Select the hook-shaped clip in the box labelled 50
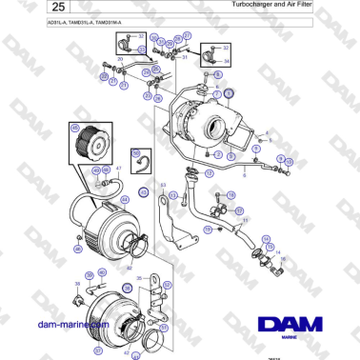pos(140,167)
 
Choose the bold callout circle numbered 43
pos(144,191)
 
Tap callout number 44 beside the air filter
pos(125,200)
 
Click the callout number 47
pos(118,169)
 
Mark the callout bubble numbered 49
pos(96,170)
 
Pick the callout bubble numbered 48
pos(107,170)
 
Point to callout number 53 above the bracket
pos(163,184)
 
